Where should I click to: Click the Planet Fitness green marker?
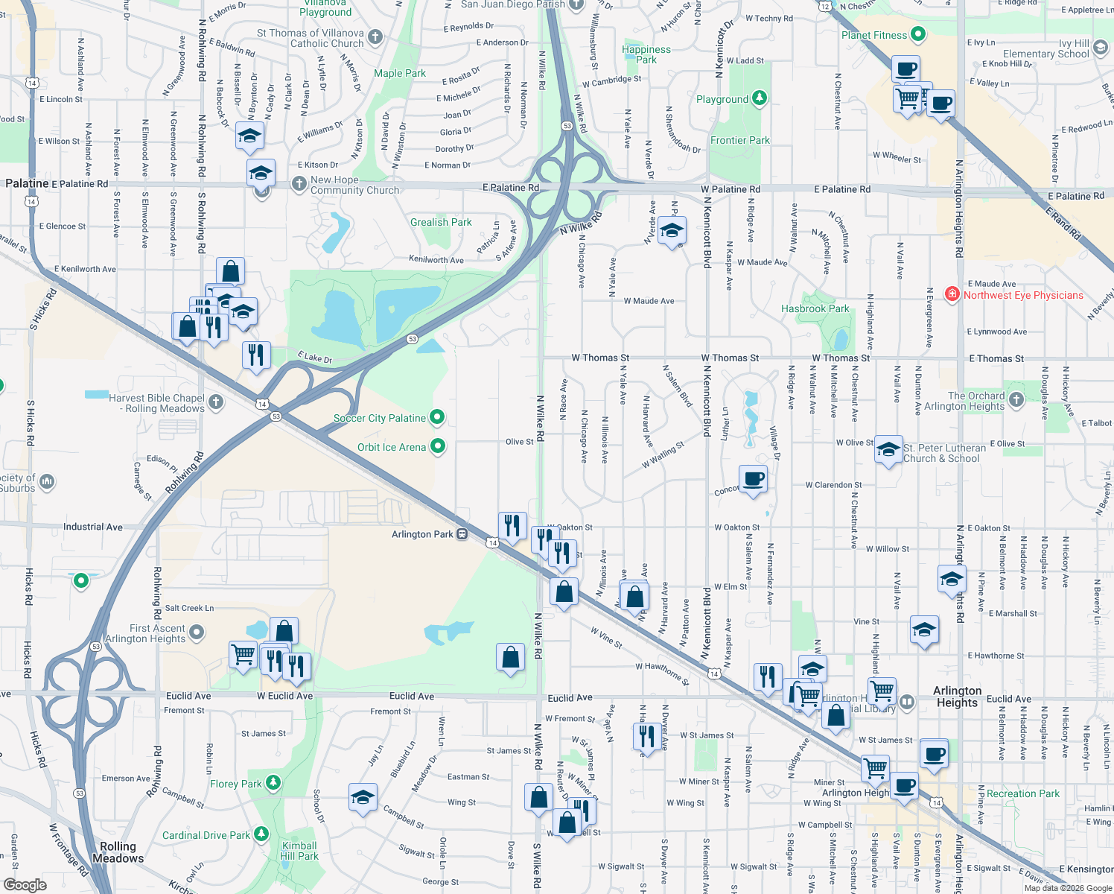[918, 34]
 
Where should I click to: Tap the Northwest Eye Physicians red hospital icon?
[952, 294]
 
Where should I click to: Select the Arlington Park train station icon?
[462, 534]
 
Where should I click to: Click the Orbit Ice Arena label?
[392, 447]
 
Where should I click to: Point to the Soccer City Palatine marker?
[438, 417]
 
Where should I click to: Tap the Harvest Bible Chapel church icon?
[216, 402]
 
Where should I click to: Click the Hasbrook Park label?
[815, 308]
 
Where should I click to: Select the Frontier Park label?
[739, 140]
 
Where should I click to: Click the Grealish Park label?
[441, 222]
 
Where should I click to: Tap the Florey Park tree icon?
[273, 782]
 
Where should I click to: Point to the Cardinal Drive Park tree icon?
[261, 834]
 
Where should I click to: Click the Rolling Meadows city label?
[118, 852]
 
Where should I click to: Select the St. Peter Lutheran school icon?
[888, 449]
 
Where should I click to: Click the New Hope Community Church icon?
[299, 184]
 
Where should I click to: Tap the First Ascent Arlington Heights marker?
[197, 633]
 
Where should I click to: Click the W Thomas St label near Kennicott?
[730, 358]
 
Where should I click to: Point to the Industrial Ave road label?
[93, 527]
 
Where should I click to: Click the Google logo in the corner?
[25, 884]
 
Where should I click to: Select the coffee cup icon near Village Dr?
[753, 478]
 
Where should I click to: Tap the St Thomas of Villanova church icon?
[375, 37]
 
